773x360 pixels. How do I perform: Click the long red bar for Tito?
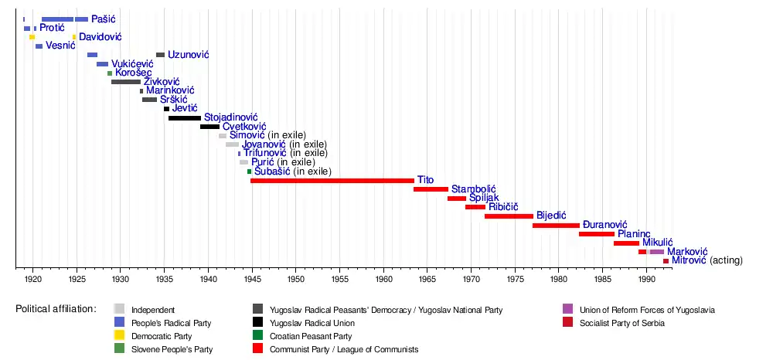tap(332, 180)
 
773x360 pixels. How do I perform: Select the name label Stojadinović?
tap(230, 117)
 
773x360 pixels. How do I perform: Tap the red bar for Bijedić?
tap(509, 216)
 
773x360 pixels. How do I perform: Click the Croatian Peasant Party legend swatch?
tap(259, 336)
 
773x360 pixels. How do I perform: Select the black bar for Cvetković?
tap(209, 127)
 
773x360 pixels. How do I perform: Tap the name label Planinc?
tap(634, 233)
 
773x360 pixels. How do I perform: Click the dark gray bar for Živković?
tap(126, 82)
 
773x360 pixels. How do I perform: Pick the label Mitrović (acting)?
tap(707, 261)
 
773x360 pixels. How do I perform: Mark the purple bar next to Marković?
tap(656, 252)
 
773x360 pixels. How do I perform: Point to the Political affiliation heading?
tap(56, 309)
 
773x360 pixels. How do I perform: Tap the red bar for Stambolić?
tap(431, 189)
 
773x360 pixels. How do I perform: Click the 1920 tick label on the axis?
tap(33, 277)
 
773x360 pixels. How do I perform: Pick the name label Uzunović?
tap(188, 55)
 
